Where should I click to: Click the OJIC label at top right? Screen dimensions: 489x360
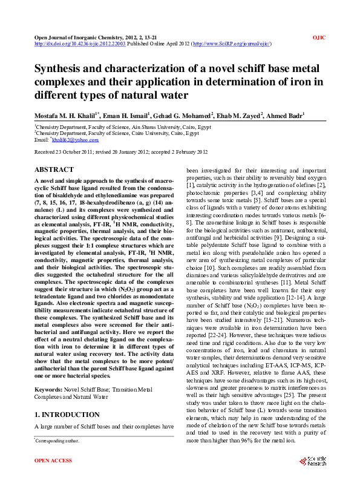(x=319, y=37)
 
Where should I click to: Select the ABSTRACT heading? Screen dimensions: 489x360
(x=54, y=170)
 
